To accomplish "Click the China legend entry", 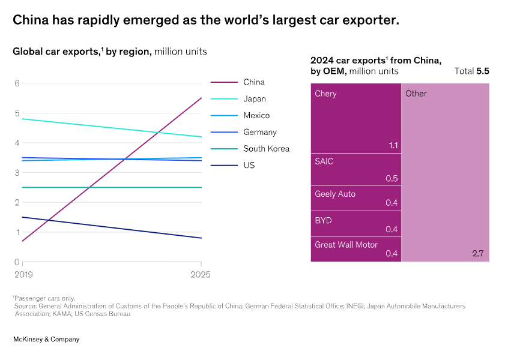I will tap(253, 82).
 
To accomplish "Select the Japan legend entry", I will tap(254, 99).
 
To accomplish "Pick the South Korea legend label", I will tap(266, 149).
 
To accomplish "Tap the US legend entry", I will tap(249, 165).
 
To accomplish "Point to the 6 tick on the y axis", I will tap(17, 83).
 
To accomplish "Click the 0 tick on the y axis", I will tap(17, 262).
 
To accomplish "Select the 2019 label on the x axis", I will tap(23, 274).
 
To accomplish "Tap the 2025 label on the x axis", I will tap(201, 274).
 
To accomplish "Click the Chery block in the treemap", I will tap(355, 118).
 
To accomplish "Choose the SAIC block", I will tap(355, 170).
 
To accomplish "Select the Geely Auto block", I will tap(355, 198).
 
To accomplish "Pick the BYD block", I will tap(355, 224).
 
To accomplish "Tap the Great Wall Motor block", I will tap(355, 249).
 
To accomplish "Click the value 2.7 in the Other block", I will tap(477, 254).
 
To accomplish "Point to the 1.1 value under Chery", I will tap(393, 145).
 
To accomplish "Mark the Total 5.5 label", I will tap(472, 71).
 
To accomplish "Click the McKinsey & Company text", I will tap(46, 340).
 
